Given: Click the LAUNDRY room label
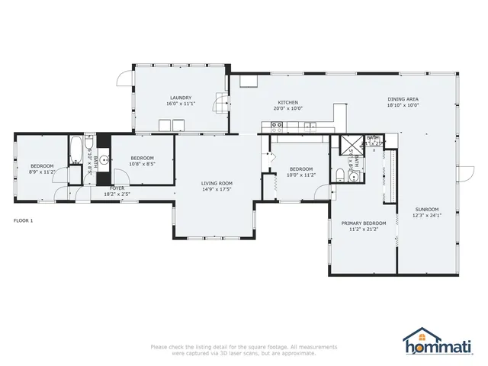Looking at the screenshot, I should point(181,98).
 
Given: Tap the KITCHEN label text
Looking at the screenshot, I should point(287,103).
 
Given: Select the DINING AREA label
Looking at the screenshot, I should point(403,99).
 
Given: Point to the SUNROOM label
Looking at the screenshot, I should point(427,209).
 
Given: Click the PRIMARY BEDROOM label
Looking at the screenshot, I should point(363,223).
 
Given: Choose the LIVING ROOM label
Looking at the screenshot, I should point(217,183).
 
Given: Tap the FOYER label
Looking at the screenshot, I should point(117,188).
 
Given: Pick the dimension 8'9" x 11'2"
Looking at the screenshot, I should point(42,172).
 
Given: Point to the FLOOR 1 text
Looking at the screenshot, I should point(24,220).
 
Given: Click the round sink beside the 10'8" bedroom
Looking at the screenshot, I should point(104,160).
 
